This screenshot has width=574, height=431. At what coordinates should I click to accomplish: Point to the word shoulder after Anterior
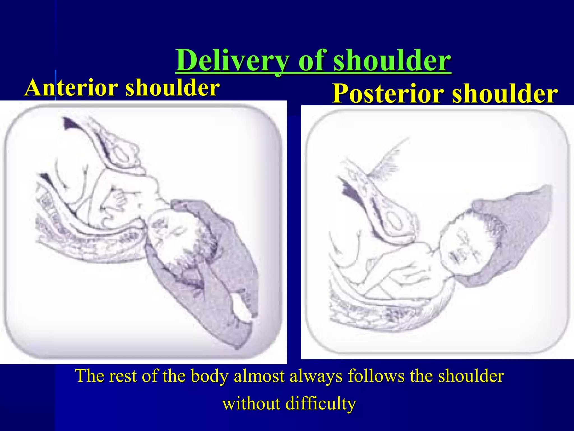point(172,88)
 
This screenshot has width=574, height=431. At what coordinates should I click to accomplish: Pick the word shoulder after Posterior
point(505,94)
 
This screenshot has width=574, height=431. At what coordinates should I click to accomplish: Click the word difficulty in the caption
point(321,404)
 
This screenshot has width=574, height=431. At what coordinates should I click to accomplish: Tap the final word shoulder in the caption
point(471,376)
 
